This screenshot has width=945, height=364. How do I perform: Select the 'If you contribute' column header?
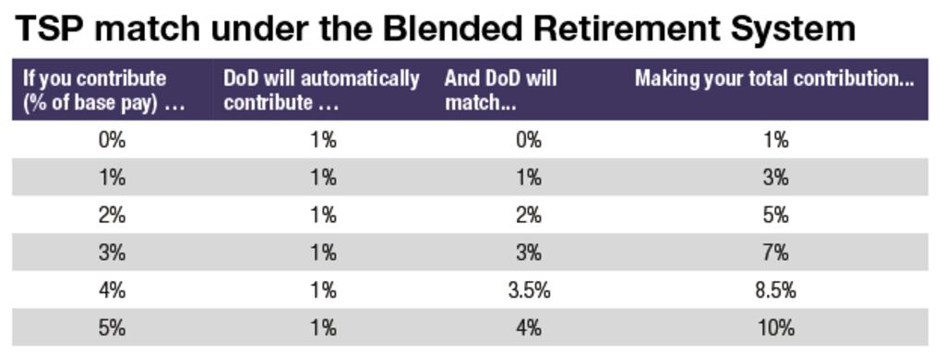pyautogui.click(x=103, y=90)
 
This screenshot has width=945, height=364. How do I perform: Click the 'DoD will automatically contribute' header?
pyautogui.click(x=321, y=90)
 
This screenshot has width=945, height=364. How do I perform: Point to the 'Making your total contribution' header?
pyautogui.click(x=773, y=78)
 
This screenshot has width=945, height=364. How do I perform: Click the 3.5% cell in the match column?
pyautogui.click(x=529, y=290)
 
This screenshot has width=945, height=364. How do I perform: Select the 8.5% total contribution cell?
pyautogui.click(x=775, y=290)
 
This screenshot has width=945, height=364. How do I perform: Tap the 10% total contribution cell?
pyautogui.click(x=775, y=328)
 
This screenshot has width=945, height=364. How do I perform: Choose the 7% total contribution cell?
pyautogui.click(x=775, y=252)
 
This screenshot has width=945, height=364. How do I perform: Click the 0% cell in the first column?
pyautogui.click(x=112, y=140)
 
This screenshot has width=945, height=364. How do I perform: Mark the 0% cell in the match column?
pyautogui.click(x=528, y=140)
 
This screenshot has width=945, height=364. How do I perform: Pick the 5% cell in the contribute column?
pyautogui.click(x=112, y=328)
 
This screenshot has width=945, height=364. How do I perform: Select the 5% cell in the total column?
pyautogui.click(x=775, y=215)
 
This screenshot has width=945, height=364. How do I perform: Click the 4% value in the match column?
pyautogui.click(x=528, y=328)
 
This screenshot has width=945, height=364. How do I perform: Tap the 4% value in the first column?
pyautogui.click(x=112, y=290)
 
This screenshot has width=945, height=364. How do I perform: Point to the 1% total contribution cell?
pyautogui.click(x=775, y=140)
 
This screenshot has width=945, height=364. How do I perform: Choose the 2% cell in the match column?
pyautogui.click(x=528, y=215)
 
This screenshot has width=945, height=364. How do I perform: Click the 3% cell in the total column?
pyautogui.click(x=775, y=178)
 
